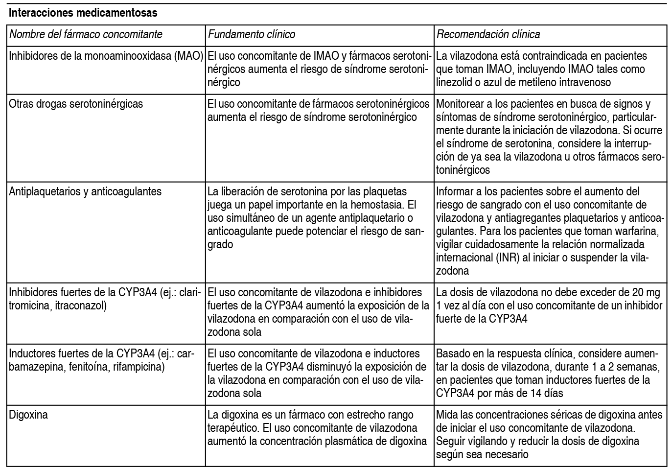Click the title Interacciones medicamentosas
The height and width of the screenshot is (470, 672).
click(83, 13)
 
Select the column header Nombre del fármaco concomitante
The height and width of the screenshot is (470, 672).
click(86, 34)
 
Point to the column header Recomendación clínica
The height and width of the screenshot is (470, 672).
click(488, 34)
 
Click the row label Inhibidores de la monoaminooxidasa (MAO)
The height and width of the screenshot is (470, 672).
click(106, 56)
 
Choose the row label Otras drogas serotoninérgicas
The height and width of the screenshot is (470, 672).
click(76, 104)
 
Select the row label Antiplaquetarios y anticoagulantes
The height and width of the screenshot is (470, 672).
click(85, 191)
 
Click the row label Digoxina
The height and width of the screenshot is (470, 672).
click(28, 415)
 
